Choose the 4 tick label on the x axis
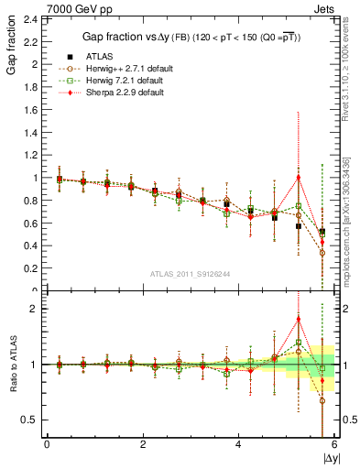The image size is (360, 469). point(239,445)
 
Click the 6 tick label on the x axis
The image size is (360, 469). point(334,445)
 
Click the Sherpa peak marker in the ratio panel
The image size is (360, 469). point(299,319)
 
